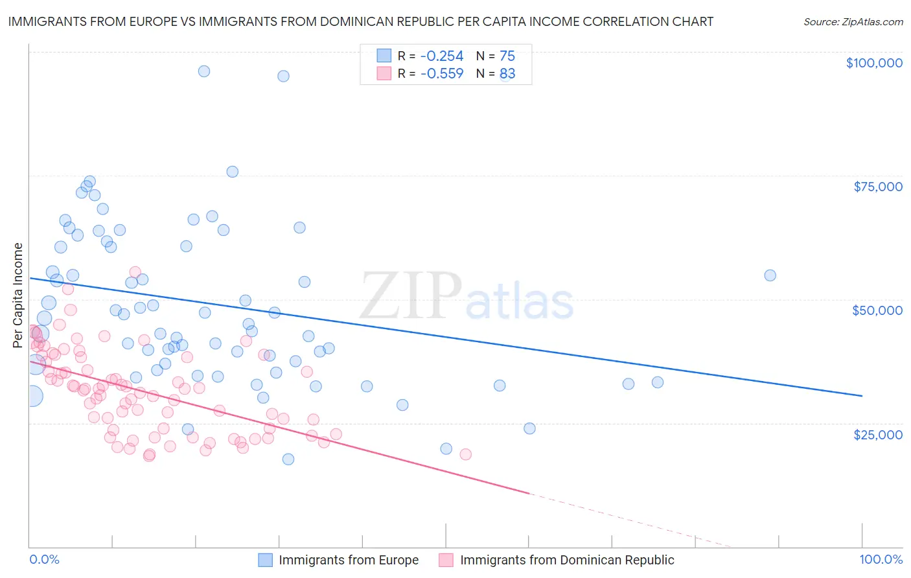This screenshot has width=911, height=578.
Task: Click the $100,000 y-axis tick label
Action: [x=874, y=63]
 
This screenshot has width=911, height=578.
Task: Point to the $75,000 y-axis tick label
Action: [x=877, y=187]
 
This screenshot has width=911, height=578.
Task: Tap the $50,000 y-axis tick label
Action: [x=877, y=310]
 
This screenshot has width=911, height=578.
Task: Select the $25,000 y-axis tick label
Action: [x=877, y=434]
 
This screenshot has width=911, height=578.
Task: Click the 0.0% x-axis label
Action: [x=44, y=560]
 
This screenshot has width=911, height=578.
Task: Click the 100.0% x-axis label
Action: [x=881, y=560]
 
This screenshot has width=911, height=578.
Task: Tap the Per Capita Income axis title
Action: [x=18, y=295]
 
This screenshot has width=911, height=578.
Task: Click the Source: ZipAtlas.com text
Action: [x=853, y=22]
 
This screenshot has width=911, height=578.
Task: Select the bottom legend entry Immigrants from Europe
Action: [x=349, y=561]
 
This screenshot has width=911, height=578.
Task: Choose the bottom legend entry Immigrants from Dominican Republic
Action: [x=567, y=561]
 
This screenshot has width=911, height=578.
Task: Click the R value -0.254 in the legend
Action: [x=442, y=56]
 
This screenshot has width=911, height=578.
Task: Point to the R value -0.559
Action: [x=442, y=74]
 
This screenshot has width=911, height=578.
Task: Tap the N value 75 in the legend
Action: [x=507, y=56]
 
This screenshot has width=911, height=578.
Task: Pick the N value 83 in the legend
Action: [x=507, y=74]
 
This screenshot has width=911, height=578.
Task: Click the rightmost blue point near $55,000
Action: [x=770, y=275]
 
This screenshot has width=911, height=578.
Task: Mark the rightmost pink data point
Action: [x=465, y=454]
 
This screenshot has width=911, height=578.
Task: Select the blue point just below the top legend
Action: [x=283, y=76]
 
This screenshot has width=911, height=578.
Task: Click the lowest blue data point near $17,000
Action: [x=288, y=459]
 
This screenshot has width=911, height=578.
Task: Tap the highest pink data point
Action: [x=135, y=272]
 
